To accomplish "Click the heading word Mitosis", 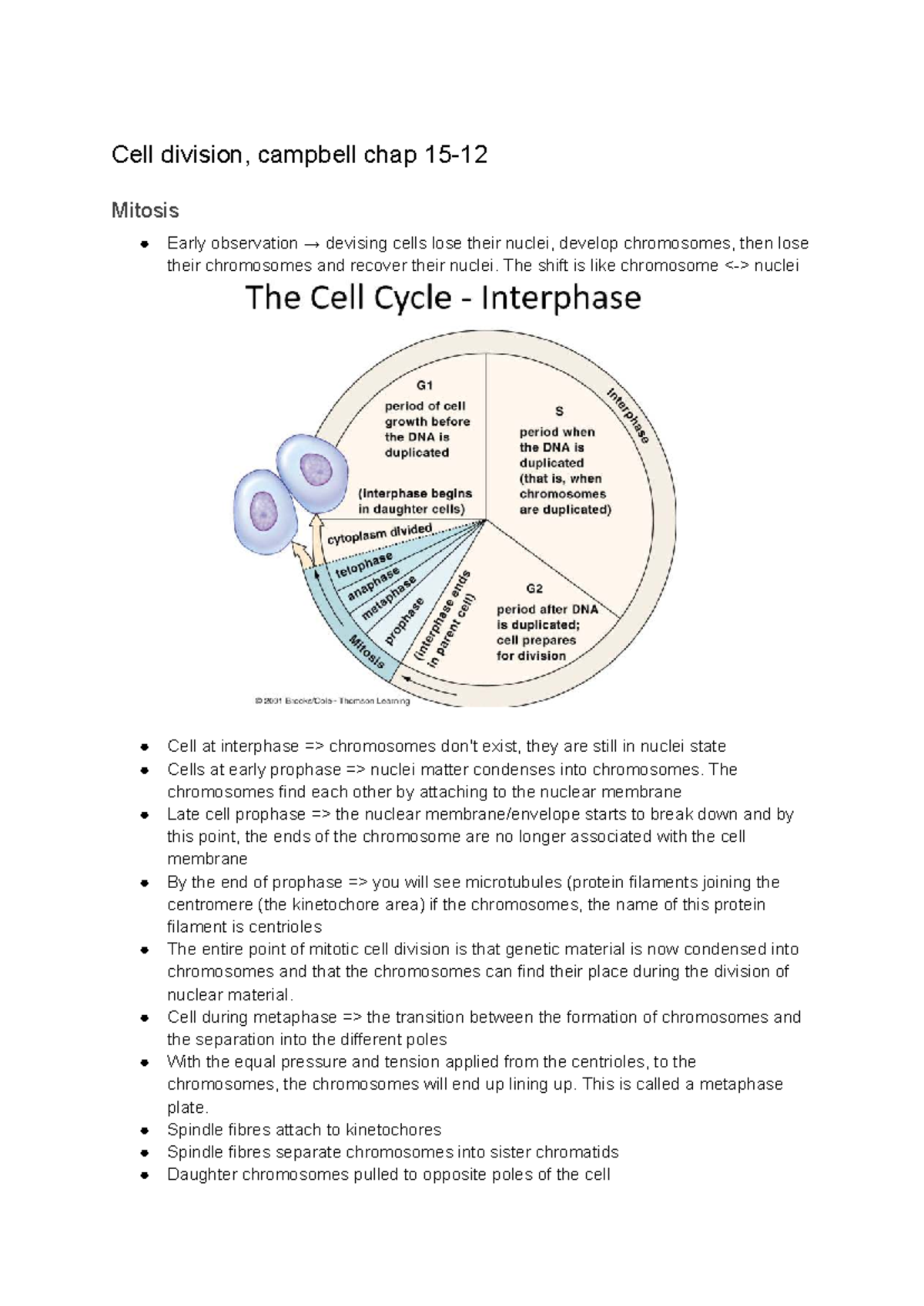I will click(x=145, y=210).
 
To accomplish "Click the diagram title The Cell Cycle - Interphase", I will click(x=443, y=298).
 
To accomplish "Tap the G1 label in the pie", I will click(x=424, y=386).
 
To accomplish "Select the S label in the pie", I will click(x=560, y=412).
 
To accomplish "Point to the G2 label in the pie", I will click(x=534, y=589).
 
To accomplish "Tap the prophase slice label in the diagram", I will click(x=403, y=621).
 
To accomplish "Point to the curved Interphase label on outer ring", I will click(x=628, y=416).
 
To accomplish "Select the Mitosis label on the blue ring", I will click(x=367, y=651).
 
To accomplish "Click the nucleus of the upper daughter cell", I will click(x=315, y=469).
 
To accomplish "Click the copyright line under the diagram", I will click(x=332, y=701).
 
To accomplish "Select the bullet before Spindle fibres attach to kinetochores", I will click(x=144, y=1131).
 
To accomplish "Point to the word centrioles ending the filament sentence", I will click(x=284, y=927).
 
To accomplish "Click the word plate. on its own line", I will click(x=187, y=1107).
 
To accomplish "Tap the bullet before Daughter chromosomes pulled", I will click(x=144, y=1175).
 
